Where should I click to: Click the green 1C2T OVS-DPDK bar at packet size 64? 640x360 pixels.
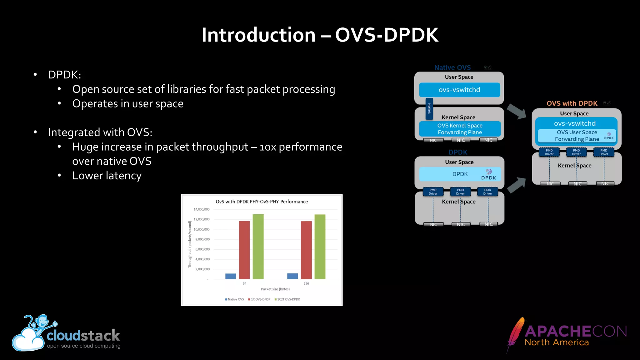258,247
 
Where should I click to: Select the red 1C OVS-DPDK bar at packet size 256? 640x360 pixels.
306,250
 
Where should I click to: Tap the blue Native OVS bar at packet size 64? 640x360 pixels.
231,276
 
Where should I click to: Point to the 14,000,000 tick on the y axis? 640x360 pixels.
202,209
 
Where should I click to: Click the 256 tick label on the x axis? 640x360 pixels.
306,283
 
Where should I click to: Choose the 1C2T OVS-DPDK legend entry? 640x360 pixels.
287,299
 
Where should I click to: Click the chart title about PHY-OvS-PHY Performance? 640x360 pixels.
262,202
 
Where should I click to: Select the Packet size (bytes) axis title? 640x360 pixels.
275,289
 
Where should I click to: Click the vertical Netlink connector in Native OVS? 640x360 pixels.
429,108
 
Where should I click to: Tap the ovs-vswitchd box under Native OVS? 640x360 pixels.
459,90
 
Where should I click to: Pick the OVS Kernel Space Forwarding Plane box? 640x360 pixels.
460,129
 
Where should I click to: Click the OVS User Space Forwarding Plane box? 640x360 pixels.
577,136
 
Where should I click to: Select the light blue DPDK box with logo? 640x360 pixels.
460,174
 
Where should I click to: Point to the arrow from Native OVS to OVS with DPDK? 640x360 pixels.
517,111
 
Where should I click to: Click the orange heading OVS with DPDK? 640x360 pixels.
572,103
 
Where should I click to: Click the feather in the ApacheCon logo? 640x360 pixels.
516,334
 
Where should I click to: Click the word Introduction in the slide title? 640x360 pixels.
258,35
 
